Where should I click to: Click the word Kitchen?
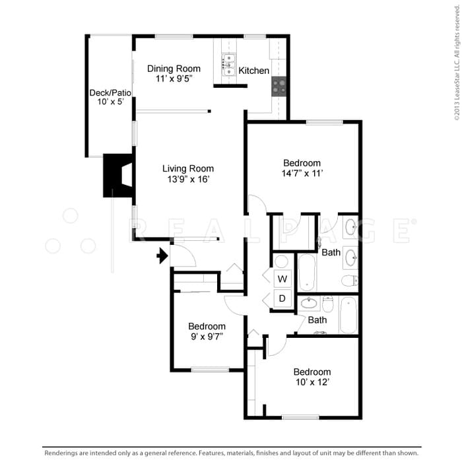pos(253,71)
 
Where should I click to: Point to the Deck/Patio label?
pos(110,92)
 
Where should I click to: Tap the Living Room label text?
pos(188,168)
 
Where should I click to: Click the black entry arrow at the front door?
pos(161,255)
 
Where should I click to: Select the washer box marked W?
pos(282,278)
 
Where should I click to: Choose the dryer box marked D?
pos(282,298)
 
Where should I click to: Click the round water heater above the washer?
pos(281,261)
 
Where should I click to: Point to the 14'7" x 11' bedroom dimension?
pos(302,174)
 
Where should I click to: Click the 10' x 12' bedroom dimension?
pos(312,382)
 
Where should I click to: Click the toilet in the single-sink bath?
pos(328,305)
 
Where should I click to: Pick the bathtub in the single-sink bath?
pos(348,315)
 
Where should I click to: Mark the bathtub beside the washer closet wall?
pos(307,271)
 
